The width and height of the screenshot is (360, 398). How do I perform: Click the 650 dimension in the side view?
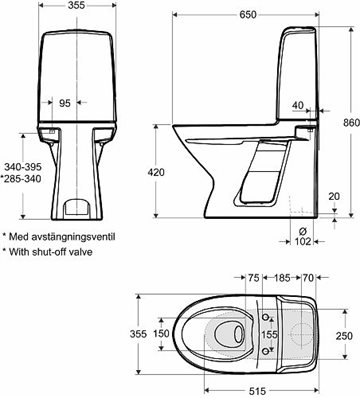pos(248,15)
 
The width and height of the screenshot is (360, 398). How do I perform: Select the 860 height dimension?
pos(352,122)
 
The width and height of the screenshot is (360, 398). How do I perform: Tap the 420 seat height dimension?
pos(156,172)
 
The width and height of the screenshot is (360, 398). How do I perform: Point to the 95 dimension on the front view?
pos(65,103)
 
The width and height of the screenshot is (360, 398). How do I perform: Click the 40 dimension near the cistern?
pos(298,105)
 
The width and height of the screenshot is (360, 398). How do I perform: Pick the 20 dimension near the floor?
pos(334,196)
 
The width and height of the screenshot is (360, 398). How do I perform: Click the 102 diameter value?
pos(303,241)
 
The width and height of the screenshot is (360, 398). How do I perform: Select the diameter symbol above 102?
pos(303,231)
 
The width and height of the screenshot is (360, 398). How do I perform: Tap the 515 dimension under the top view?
pos(258,391)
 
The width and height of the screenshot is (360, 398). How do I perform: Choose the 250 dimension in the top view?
pos(344,335)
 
